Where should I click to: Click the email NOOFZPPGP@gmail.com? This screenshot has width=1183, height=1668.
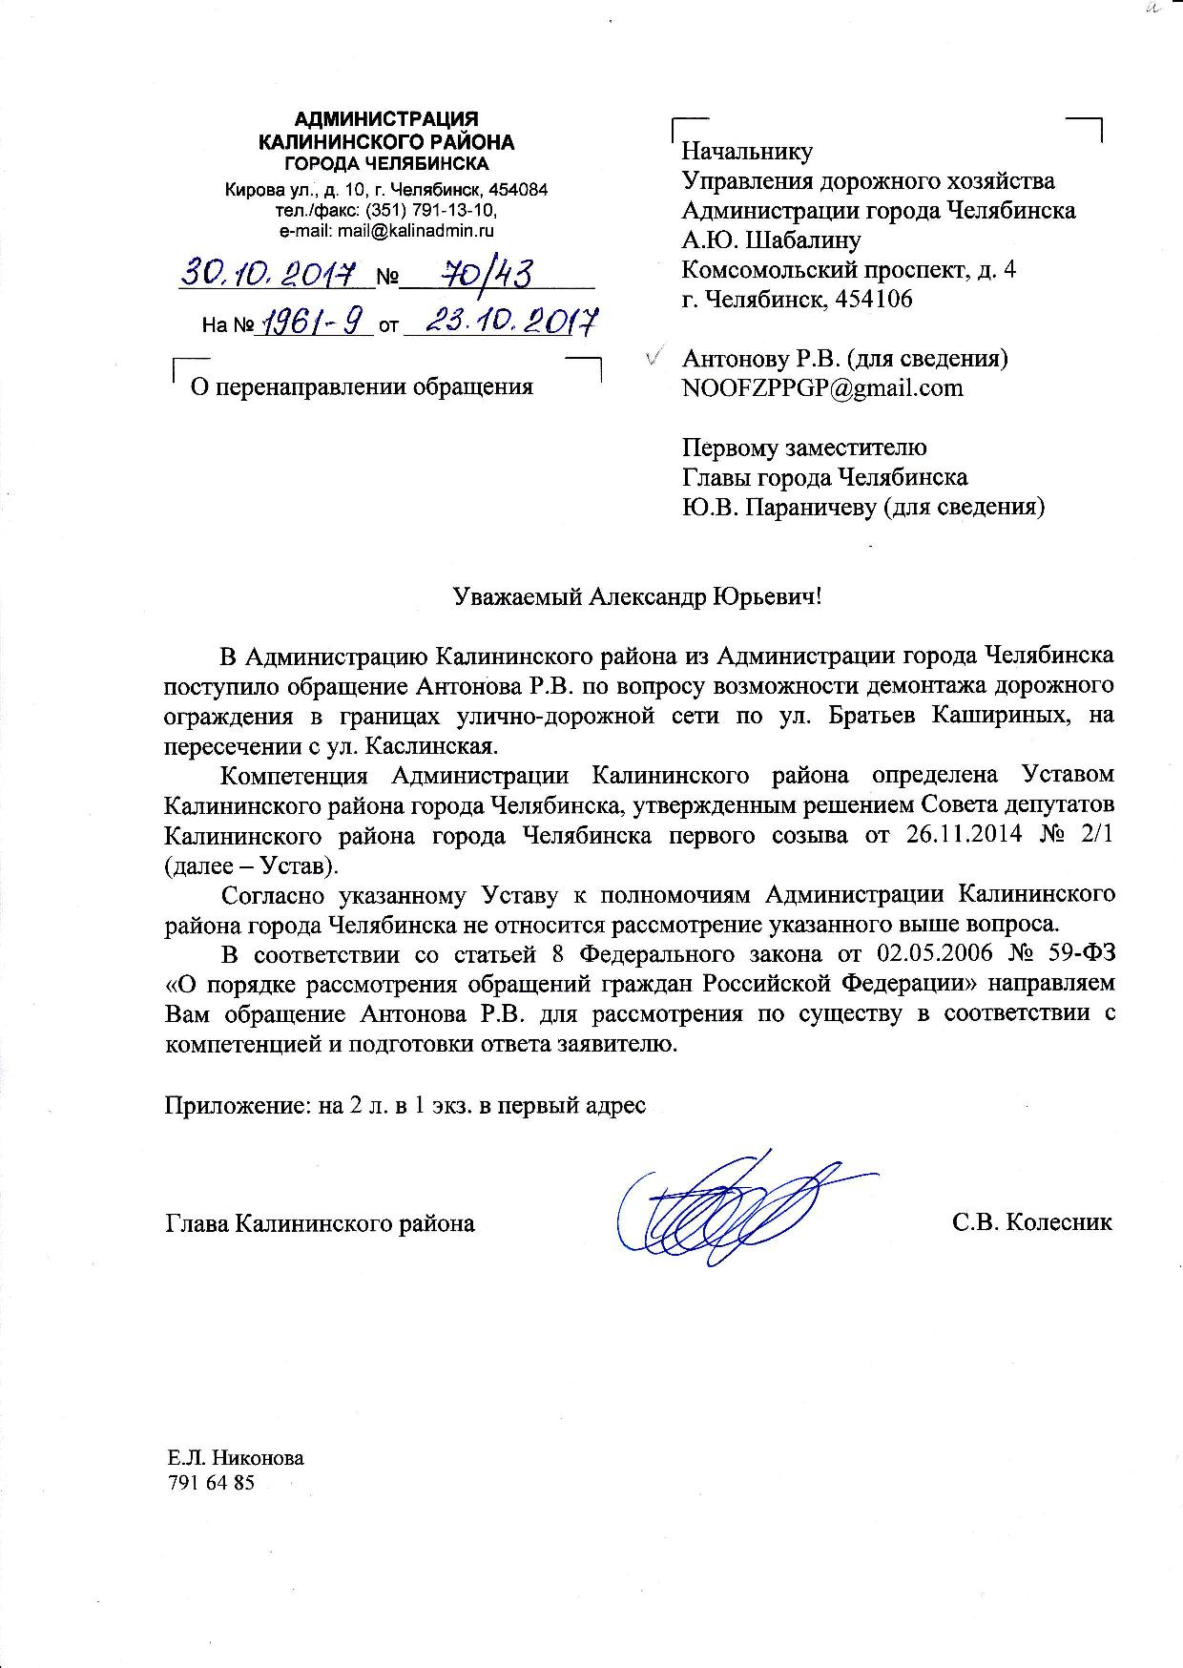pos(822,387)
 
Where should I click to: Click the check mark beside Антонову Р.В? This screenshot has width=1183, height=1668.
pos(654,358)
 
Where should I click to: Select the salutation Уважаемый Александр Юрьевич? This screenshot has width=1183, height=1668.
pos(636,597)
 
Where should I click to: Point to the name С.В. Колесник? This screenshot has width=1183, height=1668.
pos(1031,1222)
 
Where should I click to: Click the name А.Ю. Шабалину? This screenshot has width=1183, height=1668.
pos(772,240)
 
